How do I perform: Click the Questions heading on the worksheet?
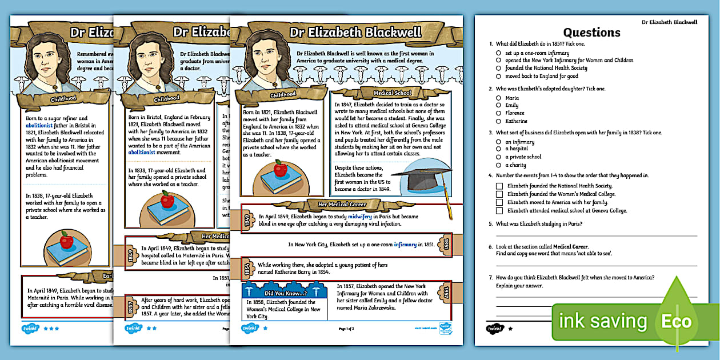click(x=591, y=33)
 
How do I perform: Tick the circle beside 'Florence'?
click(x=499, y=113)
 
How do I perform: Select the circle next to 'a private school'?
click(x=499, y=157)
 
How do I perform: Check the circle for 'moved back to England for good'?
click(x=499, y=76)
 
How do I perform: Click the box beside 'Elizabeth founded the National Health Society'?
click(x=499, y=186)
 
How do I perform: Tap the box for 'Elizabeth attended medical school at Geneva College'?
click(x=499, y=210)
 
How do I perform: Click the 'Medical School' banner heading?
click(x=391, y=93)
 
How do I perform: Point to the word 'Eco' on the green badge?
click(x=677, y=321)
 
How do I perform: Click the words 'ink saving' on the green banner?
click(x=603, y=321)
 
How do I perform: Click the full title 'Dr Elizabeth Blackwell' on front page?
click(x=355, y=33)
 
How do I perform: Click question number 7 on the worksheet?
click(x=490, y=278)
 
